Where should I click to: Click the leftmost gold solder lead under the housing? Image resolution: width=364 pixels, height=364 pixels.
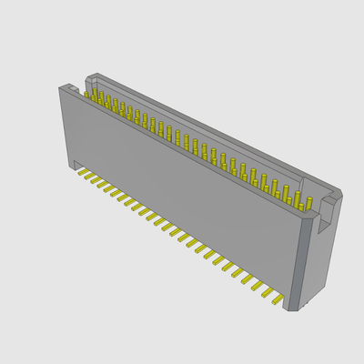click(79, 170)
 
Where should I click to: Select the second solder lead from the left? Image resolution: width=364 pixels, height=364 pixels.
click(87, 175)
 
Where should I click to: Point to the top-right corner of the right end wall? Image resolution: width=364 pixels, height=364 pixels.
click(341, 193)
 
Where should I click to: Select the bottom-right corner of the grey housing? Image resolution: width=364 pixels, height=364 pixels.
click(289, 310)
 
